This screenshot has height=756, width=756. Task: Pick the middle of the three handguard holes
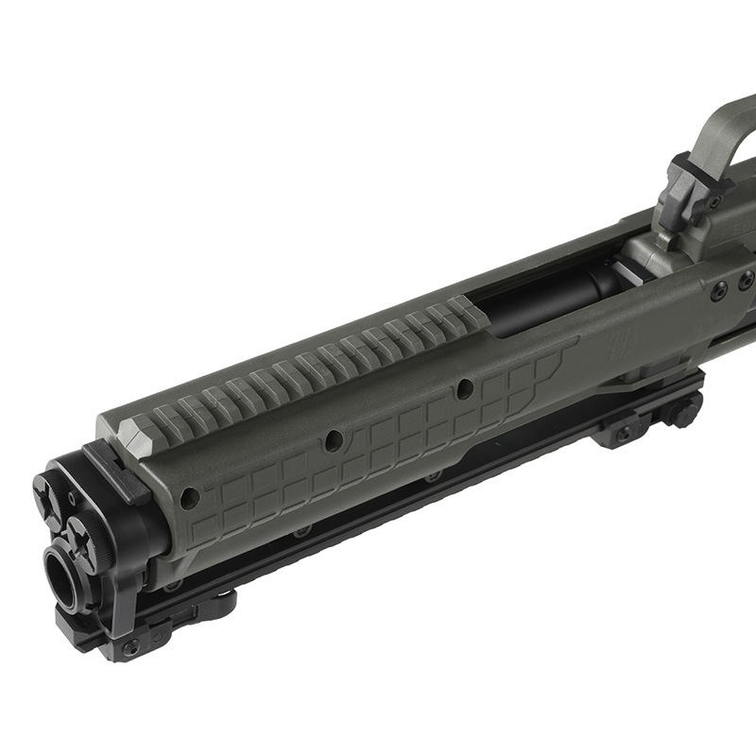pyautogui.click(x=333, y=441)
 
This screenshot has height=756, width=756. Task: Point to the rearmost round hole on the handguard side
pyautogui.click(x=464, y=388)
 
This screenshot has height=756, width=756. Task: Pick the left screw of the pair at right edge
pyautogui.click(x=720, y=287)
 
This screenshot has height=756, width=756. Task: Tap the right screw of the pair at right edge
pyautogui.click(x=746, y=281)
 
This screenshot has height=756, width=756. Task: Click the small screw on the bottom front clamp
pyautogui.click(x=131, y=648)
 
